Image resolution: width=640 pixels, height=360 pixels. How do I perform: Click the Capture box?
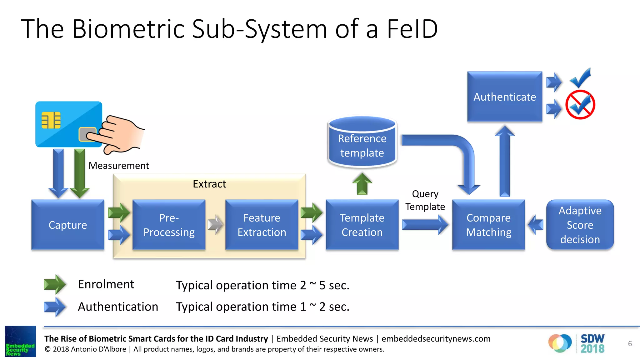(68, 225)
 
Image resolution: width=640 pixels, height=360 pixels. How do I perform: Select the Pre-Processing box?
(169, 225)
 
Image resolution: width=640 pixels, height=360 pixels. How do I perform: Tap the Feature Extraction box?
(262, 225)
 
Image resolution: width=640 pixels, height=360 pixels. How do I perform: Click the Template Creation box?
(362, 225)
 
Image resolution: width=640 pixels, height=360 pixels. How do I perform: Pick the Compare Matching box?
(488, 225)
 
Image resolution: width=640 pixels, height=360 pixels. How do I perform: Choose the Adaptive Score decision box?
(580, 225)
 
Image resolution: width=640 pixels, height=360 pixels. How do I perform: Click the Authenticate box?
(504, 97)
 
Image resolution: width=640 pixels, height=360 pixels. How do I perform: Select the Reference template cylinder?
(362, 142)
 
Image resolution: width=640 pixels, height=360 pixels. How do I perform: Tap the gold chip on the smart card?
(51, 120)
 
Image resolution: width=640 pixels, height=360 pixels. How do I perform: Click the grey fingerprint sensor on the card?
(86, 134)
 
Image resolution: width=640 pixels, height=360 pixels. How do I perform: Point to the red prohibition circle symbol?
(580, 105)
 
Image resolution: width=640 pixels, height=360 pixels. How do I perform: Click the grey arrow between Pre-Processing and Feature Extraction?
(215, 224)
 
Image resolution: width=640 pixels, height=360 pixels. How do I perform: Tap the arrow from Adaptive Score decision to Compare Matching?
(535, 224)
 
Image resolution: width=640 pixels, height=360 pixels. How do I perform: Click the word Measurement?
(119, 165)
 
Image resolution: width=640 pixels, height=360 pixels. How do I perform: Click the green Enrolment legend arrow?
(55, 284)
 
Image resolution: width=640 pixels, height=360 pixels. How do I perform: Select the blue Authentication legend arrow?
(55, 307)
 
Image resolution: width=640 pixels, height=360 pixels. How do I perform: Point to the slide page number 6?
(630, 344)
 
